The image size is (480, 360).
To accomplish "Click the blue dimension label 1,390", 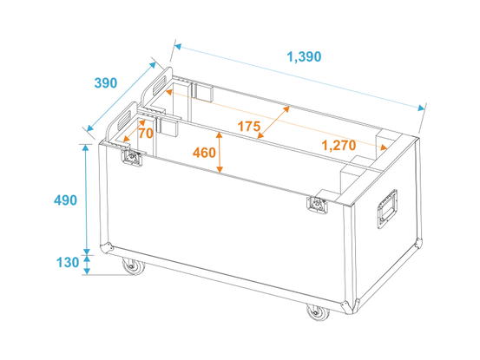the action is [305, 57].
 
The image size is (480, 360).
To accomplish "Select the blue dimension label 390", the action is [106, 83].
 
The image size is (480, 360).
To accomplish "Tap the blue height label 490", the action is [65, 200].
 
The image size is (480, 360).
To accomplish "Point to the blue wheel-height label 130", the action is [68, 263].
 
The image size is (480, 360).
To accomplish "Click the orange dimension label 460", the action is [204, 153].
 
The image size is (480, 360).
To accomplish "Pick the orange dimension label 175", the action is [249, 127].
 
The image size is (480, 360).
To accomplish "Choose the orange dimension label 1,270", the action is [339, 146].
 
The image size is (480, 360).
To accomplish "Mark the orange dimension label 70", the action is [146, 134].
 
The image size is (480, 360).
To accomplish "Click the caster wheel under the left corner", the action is [133, 265].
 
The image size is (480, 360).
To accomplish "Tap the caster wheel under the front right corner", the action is [318, 312].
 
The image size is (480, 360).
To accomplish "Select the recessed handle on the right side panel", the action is [387, 209].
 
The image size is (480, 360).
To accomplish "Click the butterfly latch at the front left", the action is [132, 158].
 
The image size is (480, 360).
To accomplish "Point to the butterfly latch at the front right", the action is [317, 204].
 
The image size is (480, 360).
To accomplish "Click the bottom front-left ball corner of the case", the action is [106, 248].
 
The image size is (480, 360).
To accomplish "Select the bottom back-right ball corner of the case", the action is [419, 242].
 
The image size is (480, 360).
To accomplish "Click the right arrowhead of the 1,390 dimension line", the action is [421, 108].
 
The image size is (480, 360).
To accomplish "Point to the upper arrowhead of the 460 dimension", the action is [220, 134].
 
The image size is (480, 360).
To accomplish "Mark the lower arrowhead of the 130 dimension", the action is [87, 271].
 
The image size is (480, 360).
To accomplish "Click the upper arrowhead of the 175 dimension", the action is [286, 109].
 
